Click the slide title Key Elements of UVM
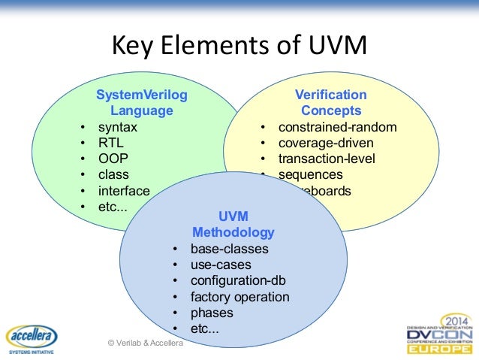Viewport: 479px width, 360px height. pyautogui.click(x=239, y=47)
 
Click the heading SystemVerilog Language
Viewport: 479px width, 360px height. pyautogui.click(x=142, y=103)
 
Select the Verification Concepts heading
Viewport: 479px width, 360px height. pyautogui.click(x=330, y=103)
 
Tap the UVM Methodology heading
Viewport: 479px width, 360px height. pyautogui.click(x=233, y=224)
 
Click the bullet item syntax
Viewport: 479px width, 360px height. pyautogui.click(x=112, y=127)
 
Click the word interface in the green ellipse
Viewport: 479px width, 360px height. pyautogui.click(x=124, y=191)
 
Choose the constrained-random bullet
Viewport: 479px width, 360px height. pyautogui.click(x=337, y=127)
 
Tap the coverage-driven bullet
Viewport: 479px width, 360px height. pyautogui.click(x=325, y=143)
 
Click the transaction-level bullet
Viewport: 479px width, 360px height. pyautogui.click(x=327, y=159)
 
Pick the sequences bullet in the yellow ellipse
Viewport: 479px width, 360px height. pyautogui.click(x=310, y=175)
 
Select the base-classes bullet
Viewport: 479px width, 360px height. pyautogui.click(x=229, y=249)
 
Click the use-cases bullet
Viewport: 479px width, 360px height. pyautogui.click(x=221, y=265)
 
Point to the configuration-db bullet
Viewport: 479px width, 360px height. pyautogui.click(x=238, y=281)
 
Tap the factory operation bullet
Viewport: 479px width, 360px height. pyautogui.click(x=239, y=297)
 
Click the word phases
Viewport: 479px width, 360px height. pyautogui.click(x=212, y=313)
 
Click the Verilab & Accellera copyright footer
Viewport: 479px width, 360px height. pyautogui.click(x=150, y=343)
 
